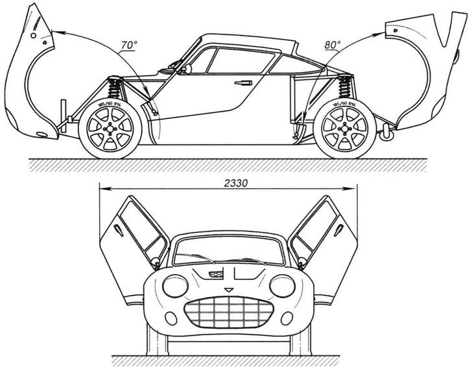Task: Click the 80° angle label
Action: click(333, 46)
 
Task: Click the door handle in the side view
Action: click(244, 82)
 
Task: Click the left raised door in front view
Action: click(133, 231)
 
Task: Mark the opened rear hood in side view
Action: click(428, 71)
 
